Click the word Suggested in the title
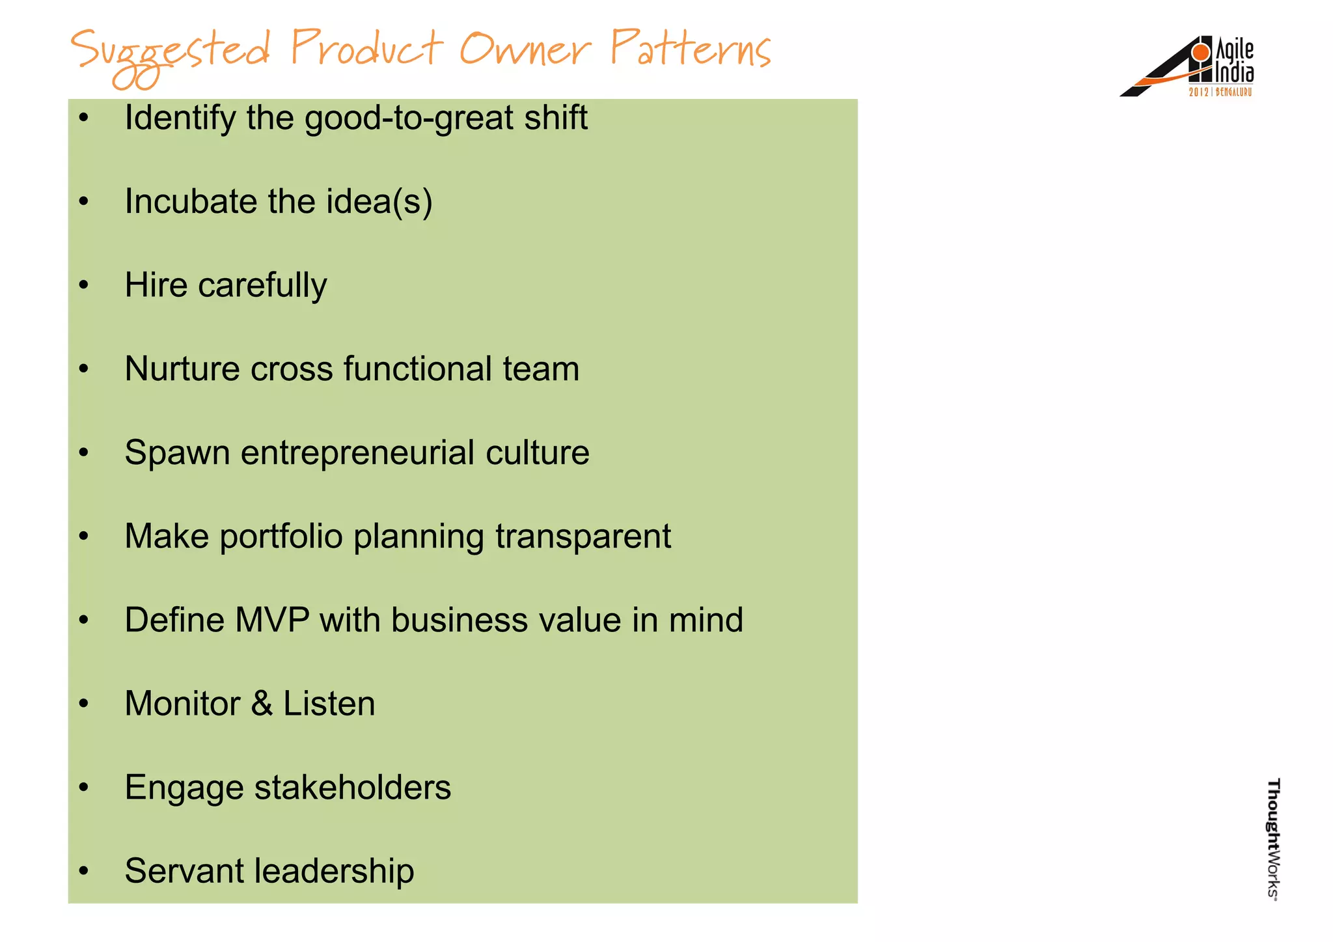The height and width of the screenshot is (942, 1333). [x=169, y=52]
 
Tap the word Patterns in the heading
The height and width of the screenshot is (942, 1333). [x=690, y=49]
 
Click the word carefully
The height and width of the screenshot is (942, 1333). [x=262, y=286]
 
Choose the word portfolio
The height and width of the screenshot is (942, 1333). [x=281, y=537]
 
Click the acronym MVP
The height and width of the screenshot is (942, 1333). [x=272, y=620]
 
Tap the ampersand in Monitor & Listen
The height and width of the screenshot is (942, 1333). [x=262, y=704]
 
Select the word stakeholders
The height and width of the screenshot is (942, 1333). [x=352, y=788]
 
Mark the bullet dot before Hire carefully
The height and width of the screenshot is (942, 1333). [x=83, y=285]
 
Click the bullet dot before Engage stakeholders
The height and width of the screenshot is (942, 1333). [x=83, y=788]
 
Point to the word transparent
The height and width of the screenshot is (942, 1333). [x=583, y=537]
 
